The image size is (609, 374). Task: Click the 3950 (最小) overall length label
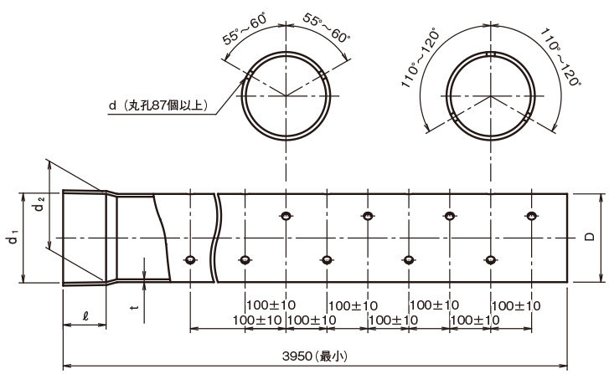click(x=315, y=356)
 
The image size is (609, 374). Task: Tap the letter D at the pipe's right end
click(x=590, y=236)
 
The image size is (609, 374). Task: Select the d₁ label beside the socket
click(x=13, y=237)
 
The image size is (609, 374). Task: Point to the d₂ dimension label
click(x=39, y=204)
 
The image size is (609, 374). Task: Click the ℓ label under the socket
click(x=85, y=315)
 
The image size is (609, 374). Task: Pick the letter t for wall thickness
click(x=135, y=307)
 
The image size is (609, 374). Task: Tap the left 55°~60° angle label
click(x=245, y=29)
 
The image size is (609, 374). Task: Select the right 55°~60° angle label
click(x=326, y=28)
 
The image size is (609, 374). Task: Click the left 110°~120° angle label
click(x=421, y=58)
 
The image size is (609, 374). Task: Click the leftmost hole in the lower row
click(x=190, y=260)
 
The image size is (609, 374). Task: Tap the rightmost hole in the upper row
click(x=531, y=216)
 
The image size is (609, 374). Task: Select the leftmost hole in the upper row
click(x=286, y=216)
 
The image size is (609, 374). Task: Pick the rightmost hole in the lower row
click(x=491, y=260)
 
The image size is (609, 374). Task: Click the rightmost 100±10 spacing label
click(x=516, y=306)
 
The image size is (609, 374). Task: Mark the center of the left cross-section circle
click(x=286, y=95)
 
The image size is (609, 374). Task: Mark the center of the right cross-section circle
click(x=491, y=95)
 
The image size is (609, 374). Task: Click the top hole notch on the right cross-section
click(x=491, y=54)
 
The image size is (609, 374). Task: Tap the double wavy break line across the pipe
click(x=216, y=238)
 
